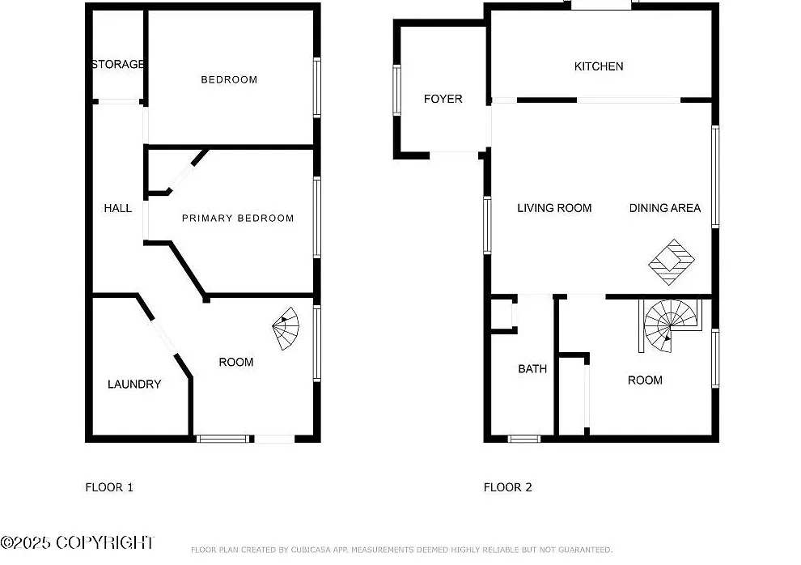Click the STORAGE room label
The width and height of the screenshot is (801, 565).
pos(118,65)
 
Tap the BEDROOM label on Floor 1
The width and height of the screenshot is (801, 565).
pos(229,79)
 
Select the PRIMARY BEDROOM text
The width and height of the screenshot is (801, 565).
pos(238,218)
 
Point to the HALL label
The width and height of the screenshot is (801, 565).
pos(118,208)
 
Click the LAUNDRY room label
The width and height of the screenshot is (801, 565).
pos(134,384)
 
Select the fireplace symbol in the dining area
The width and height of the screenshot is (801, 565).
pos(672,262)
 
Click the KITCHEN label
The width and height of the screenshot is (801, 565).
pos(599,66)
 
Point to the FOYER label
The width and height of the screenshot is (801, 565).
pos(443,99)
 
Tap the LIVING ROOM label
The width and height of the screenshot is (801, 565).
pos(554,208)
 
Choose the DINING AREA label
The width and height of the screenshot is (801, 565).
pos(664,208)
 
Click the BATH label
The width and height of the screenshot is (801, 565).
pos(532,369)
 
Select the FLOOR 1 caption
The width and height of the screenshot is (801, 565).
pos(109,487)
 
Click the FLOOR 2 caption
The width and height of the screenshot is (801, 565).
pos(508,487)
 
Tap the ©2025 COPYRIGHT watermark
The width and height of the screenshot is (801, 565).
pos(77,542)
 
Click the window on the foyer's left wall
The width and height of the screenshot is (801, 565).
pos(396,90)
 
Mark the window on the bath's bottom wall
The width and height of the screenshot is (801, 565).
pos(524,438)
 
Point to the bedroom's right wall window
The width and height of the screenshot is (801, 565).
pos(316,88)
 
